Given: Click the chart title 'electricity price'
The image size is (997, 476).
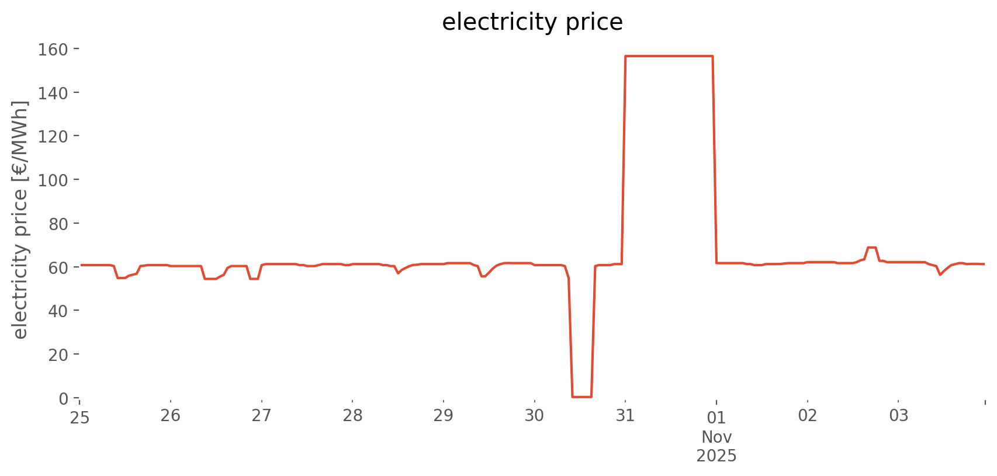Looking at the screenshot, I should pyautogui.click(x=532, y=22).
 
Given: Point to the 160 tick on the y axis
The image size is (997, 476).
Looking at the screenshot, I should pyautogui.click(x=53, y=49).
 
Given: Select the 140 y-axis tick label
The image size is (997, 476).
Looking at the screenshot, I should pyautogui.click(x=53, y=93).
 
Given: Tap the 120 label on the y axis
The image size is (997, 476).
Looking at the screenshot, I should pyautogui.click(x=53, y=136).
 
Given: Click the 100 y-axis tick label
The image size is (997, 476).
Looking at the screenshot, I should pyautogui.click(x=53, y=180).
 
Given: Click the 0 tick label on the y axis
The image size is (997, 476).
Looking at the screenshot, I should pyautogui.click(x=63, y=398).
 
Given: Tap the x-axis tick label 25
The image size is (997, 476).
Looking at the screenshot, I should pyautogui.click(x=79, y=416).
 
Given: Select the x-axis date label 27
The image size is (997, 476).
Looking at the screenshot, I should pyautogui.click(x=261, y=416).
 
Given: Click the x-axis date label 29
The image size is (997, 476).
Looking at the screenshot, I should pyautogui.click(x=444, y=416).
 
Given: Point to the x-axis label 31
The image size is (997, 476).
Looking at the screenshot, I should pyautogui.click(x=625, y=416).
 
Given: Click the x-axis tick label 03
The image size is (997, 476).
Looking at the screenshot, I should pyautogui.click(x=899, y=416).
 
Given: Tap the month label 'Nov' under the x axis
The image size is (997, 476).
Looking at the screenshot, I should pyautogui.click(x=716, y=437).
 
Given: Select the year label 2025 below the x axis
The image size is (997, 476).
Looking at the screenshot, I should pyautogui.click(x=716, y=456).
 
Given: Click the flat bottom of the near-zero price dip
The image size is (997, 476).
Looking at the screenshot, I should pyautogui.click(x=582, y=397).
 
